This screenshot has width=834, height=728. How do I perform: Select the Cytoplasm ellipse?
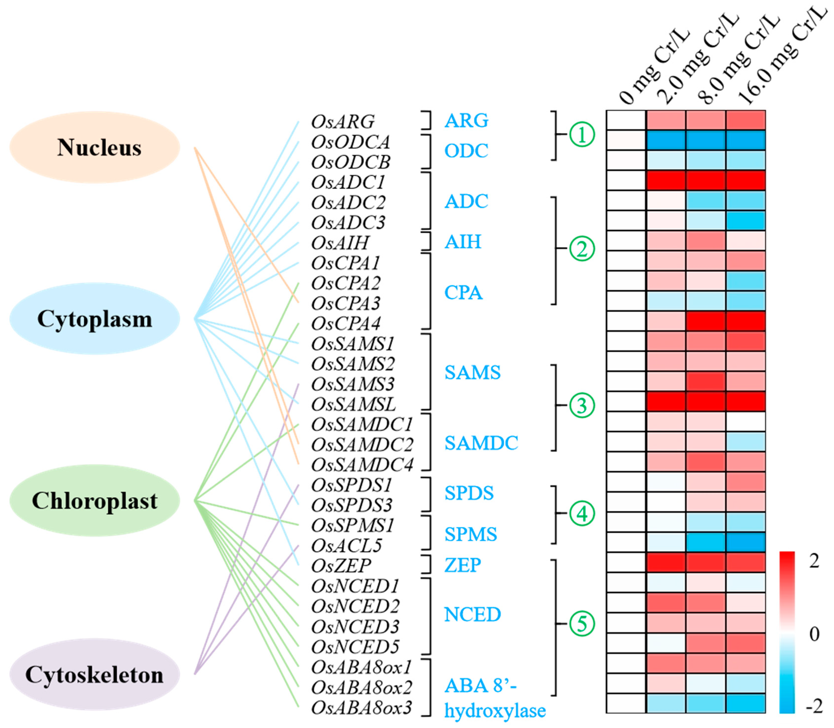(x=95, y=319)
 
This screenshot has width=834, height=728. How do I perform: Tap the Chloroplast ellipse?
(x=95, y=501)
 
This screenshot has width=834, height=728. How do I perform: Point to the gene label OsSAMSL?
(x=353, y=405)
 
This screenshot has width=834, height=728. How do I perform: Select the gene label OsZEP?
(x=341, y=566)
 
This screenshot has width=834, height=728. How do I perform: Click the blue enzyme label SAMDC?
(x=481, y=443)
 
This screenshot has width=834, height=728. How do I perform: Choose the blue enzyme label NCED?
(x=473, y=615)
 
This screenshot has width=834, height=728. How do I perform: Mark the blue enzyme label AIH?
(x=463, y=242)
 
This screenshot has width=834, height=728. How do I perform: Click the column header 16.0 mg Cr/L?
(x=782, y=57)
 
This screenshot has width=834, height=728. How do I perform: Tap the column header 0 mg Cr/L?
(x=654, y=67)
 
